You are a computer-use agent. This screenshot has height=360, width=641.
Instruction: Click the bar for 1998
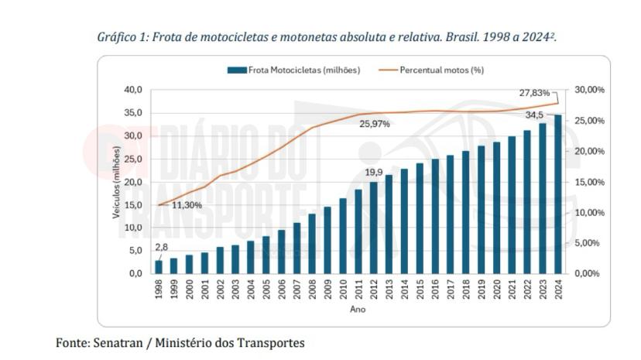click(159, 266)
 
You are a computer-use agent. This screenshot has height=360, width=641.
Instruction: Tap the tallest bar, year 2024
click(557, 194)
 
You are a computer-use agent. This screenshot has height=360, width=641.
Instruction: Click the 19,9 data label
click(374, 173)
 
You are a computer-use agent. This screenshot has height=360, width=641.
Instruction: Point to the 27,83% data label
click(534, 93)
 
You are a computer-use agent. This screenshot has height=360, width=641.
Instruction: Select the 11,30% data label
click(187, 205)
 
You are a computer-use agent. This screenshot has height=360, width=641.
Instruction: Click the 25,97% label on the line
click(374, 124)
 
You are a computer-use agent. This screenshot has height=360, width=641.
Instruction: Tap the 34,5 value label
click(535, 115)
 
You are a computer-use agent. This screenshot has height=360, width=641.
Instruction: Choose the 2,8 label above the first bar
click(161, 248)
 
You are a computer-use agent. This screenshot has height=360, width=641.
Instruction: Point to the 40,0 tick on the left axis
click(133, 90)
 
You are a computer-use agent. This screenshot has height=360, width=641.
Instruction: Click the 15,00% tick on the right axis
click(589, 182)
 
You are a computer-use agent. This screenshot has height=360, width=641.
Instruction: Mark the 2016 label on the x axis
click(435, 289)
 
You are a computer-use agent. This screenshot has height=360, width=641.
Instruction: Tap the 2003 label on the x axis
click(235, 289)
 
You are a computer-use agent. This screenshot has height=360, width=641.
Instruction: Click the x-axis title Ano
click(357, 309)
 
